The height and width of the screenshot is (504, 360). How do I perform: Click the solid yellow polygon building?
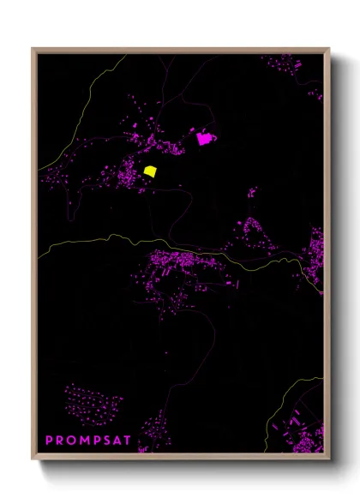tap(150, 171)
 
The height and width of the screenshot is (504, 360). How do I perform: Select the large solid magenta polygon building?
tap(204, 138)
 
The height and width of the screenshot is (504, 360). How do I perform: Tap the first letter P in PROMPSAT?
tap(49, 441)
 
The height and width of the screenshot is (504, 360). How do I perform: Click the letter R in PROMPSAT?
tap(60, 441)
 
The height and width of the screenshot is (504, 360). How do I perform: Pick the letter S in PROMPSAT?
tap(111, 441)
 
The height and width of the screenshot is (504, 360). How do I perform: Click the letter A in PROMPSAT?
tap(123, 441)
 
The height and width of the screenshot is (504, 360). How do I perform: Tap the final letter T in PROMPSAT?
tap(134, 441)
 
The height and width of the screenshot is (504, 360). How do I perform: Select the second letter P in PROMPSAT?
tap(99, 441)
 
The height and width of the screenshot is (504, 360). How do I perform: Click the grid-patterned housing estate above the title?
tap(93, 405)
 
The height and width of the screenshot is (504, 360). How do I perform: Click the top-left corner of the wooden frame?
tap(33, 49)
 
